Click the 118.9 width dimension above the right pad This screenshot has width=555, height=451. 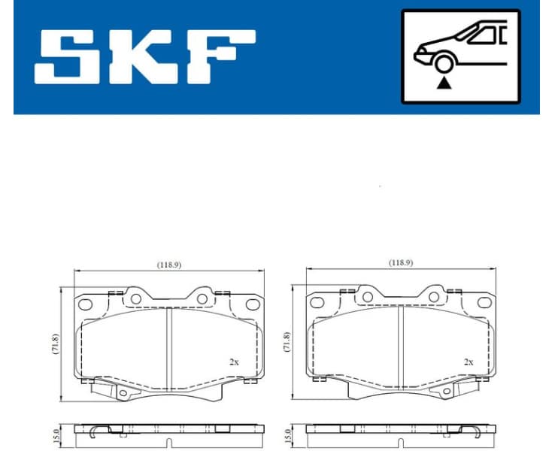pos(401,263)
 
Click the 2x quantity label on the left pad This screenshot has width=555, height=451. pos(235,362)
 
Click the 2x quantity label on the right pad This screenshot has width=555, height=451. pos(468,362)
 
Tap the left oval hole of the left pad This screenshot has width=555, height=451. pos(86,304)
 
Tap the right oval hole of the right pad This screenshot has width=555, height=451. pos(484,304)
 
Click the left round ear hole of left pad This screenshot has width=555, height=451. pos(136,298)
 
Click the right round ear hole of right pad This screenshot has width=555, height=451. pos(434,298)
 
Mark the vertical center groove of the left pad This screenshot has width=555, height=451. pos(168,346)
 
